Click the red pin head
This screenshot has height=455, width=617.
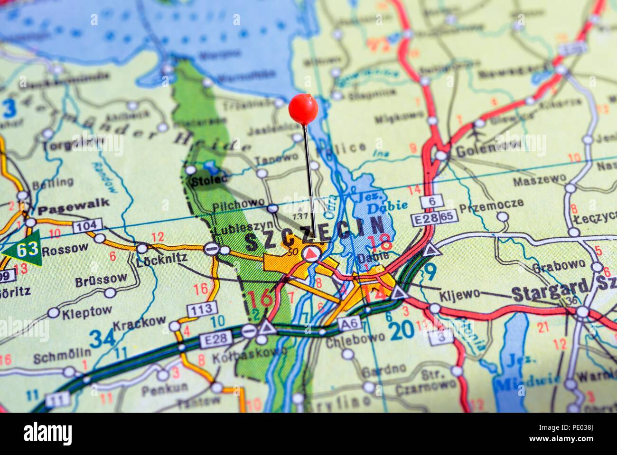303,109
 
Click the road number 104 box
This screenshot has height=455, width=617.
87,225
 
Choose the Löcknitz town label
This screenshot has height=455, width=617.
161,258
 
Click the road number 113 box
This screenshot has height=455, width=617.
202,309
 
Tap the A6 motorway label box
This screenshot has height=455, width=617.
350,325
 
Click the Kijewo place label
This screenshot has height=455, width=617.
459,295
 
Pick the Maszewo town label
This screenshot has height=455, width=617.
539,180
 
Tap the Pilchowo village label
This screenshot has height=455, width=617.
238,203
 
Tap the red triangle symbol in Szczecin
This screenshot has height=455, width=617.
310,253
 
